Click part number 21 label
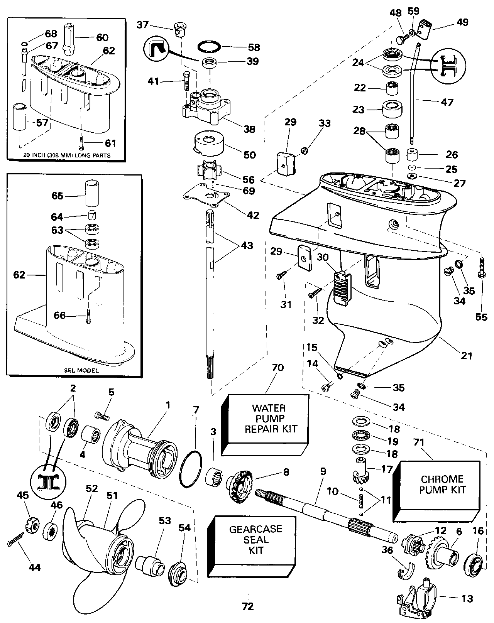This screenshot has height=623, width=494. (467, 355)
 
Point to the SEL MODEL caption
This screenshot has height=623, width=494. (81, 370)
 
